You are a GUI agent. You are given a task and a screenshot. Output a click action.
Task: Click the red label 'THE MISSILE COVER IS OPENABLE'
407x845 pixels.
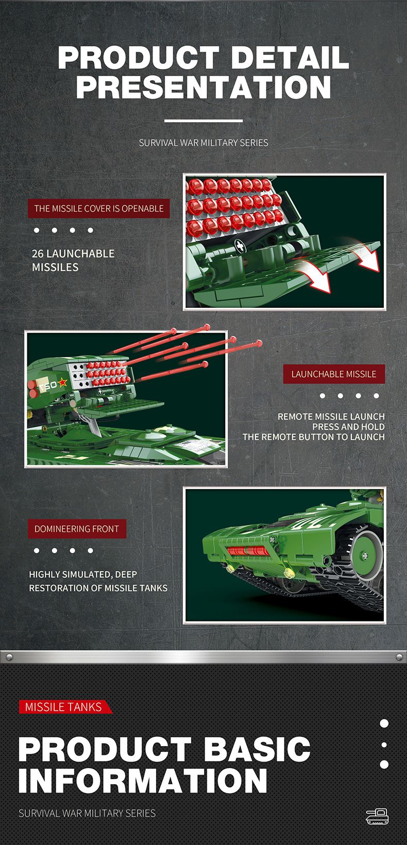point(98,208)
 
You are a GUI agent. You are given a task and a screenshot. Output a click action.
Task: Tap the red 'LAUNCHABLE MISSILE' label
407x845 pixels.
point(334,374)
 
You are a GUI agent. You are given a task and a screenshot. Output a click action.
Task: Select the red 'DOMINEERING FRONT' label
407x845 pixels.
point(77,528)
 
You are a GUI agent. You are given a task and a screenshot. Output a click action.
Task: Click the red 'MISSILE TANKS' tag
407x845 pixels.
point(65,706)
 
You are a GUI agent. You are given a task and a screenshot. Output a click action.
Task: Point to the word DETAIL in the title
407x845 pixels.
point(290,58)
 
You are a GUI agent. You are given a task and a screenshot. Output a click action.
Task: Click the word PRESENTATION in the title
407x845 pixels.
point(203,87)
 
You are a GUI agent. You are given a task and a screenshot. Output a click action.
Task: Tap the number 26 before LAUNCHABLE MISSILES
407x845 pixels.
point(38,253)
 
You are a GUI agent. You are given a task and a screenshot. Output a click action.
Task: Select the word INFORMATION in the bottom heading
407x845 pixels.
point(143,780)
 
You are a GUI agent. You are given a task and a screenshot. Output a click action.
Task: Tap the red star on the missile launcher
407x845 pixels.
point(63,383)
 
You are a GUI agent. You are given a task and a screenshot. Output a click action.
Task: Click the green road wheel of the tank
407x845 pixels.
point(364,555)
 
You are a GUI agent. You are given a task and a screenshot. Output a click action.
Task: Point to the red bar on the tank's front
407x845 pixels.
point(248,551)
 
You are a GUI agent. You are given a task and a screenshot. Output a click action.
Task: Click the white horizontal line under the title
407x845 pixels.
point(203,120)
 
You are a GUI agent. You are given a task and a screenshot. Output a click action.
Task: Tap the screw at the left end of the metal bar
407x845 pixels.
point(9,657)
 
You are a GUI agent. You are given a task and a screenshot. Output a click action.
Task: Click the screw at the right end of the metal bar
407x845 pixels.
point(399,657)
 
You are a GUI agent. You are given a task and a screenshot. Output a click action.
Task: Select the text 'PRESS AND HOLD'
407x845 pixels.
point(348,427)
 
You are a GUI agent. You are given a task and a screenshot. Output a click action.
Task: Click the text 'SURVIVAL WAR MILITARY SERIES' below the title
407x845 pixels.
point(203,143)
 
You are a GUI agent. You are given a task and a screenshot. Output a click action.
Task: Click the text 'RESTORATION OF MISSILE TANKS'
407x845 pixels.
point(98,588)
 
